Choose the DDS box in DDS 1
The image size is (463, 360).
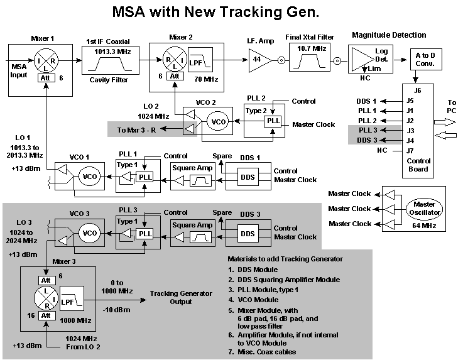pos(246,177)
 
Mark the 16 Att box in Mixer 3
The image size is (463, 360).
pos(45,315)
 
